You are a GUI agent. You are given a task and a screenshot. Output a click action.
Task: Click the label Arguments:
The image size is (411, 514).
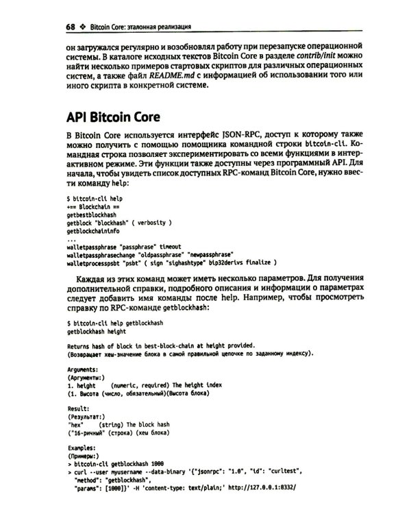point(83,368)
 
